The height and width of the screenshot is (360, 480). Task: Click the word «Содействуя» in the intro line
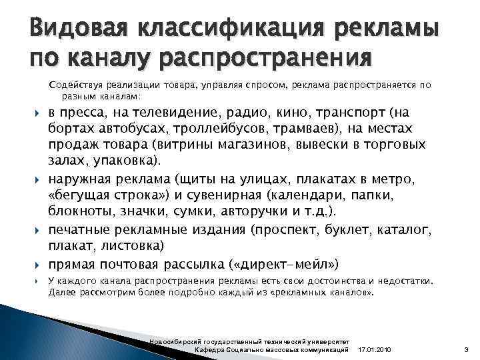77,85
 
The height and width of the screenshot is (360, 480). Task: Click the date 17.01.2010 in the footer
375,349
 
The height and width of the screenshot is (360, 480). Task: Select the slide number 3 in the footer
467,349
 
